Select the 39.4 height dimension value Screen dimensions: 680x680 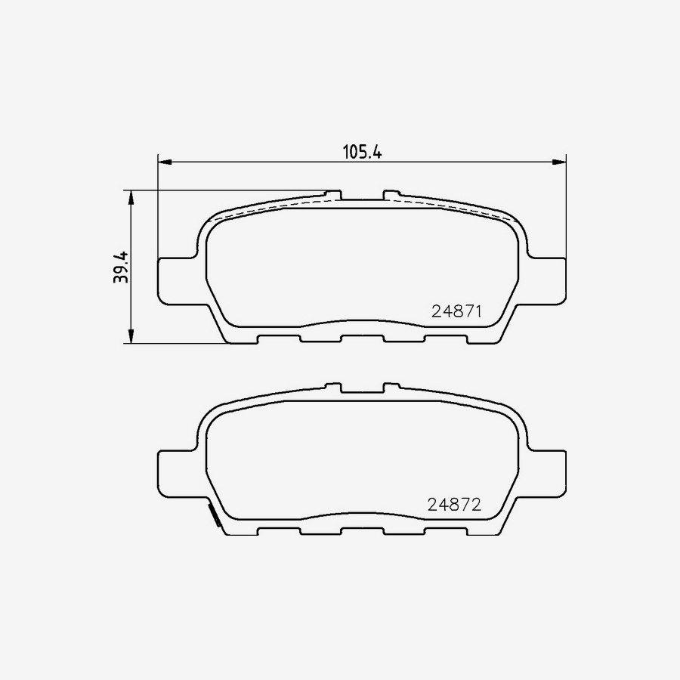pos(122,267)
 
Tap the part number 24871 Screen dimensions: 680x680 pos(456,311)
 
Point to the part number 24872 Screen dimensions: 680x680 pos(455,505)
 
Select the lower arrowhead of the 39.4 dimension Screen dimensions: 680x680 pos(131,336)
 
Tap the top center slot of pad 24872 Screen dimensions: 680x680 pos(362,389)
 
